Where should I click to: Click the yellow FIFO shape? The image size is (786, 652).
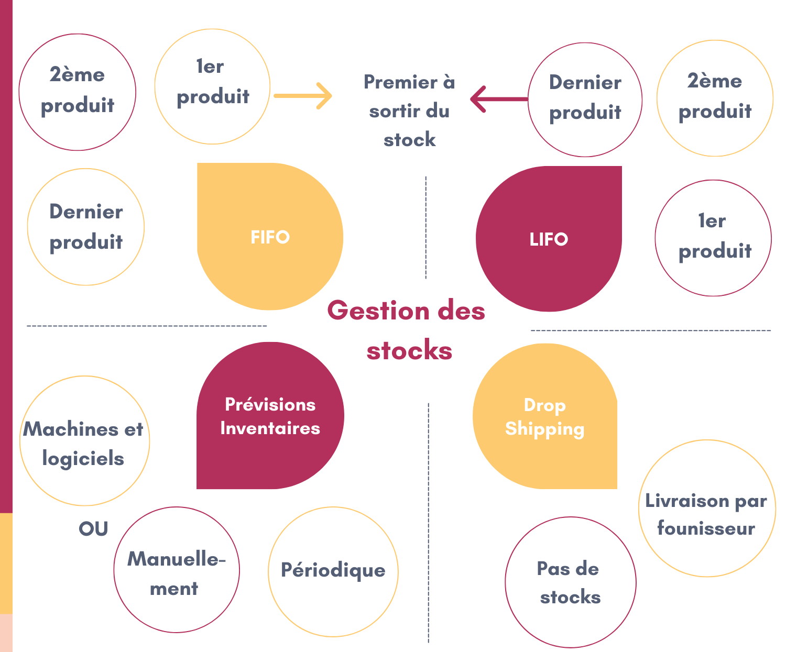[270, 237]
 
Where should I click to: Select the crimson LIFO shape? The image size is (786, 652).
[549, 239]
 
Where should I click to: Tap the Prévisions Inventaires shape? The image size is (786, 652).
[270, 416]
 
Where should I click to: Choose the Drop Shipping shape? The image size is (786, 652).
[545, 416]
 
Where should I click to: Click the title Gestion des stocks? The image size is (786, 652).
[407, 330]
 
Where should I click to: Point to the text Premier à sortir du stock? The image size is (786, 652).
[409, 111]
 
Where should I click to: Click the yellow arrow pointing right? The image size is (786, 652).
[303, 96]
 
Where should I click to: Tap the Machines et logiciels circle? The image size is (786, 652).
[84, 441]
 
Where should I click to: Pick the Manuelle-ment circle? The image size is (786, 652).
[177, 570]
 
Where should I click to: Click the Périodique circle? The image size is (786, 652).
[333, 572]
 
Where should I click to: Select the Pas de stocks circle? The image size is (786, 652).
[570, 582]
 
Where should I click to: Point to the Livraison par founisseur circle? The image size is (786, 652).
[707, 509]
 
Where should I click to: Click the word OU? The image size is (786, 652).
[93, 529]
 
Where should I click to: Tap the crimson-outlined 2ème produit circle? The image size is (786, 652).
[78, 92]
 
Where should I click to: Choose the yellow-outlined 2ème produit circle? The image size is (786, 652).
[715, 98]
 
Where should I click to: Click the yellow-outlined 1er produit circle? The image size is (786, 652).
[212, 86]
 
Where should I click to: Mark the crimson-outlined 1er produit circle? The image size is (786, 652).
[713, 238]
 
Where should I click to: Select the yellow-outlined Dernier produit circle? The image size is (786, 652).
[86, 227]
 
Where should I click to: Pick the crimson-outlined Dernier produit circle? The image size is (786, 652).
[585, 100]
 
